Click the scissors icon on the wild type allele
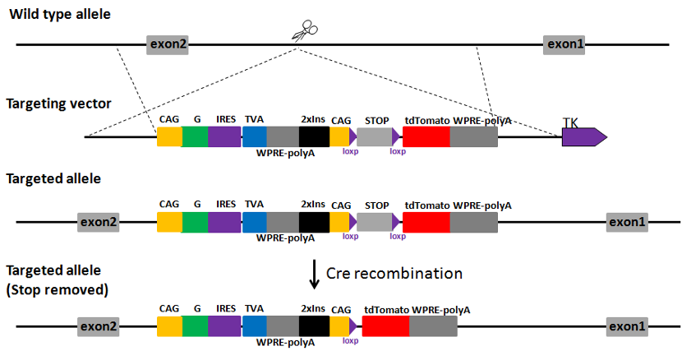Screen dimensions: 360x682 tap(302, 33)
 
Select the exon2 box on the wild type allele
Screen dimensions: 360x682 tap(168, 45)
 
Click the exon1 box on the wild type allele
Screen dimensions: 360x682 tap(564, 45)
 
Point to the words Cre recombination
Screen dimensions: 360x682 tap(394, 273)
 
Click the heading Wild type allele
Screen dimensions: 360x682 tap(58, 13)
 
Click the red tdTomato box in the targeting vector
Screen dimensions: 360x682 tap(426, 136)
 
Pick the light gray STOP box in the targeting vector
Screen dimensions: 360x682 tap(375, 136)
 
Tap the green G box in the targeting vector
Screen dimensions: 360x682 tap(195, 136)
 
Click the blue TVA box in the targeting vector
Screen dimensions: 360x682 tap(255, 136)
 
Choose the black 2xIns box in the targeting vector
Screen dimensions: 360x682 tap(314, 136)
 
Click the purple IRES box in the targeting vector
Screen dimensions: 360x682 tap(224, 136)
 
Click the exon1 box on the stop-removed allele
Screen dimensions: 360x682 tap(627, 326)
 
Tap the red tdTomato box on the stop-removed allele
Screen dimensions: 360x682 tap(385, 326)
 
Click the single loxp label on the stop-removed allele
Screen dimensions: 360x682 tap(350, 340)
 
